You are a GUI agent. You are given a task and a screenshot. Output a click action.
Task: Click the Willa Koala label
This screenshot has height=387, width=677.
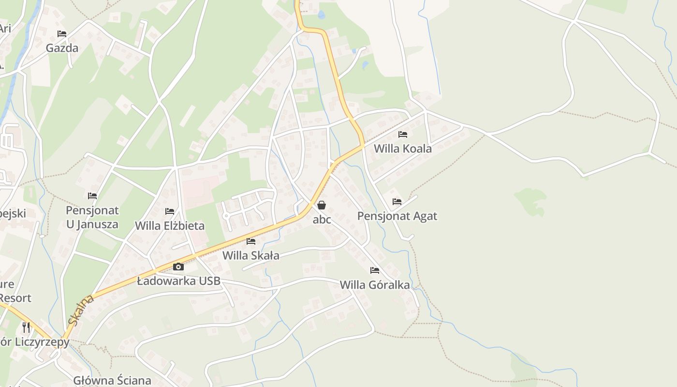pyautogui.click(x=402, y=149)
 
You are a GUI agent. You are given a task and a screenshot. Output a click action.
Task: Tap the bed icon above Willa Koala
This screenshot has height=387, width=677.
pyautogui.click(x=402, y=134)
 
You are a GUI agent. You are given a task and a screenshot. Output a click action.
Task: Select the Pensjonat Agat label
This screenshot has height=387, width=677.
pyautogui.click(x=397, y=216)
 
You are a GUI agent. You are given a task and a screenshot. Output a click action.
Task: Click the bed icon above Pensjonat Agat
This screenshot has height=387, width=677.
pyautogui.click(x=397, y=202)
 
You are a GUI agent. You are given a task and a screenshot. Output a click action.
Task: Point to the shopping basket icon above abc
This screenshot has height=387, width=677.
pyautogui.click(x=322, y=205)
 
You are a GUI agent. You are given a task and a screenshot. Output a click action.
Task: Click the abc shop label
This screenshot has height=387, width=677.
pyautogui.click(x=322, y=220)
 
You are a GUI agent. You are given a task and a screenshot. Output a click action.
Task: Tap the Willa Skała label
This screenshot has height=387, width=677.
pyautogui.click(x=250, y=255)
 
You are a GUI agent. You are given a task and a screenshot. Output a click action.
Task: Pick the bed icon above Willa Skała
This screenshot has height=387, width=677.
pyautogui.click(x=250, y=241)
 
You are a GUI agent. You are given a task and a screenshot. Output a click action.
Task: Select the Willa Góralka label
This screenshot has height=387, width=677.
pyautogui.click(x=375, y=284)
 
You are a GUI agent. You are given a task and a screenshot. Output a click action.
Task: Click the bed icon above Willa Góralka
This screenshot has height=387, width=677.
pyautogui.click(x=375, y=270)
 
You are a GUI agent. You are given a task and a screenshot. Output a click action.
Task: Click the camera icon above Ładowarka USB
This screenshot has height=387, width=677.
pyautogui.click(x=178, y=267)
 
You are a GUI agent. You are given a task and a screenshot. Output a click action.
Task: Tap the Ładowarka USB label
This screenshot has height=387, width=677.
pyautogui.click(x=178, y=281)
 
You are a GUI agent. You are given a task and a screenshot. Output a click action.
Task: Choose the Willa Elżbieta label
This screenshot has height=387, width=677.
pyautogui.click(x=170, y=225)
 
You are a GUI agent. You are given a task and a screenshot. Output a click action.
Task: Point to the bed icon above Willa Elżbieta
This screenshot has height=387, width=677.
pyautogui.click(x=170, y=211)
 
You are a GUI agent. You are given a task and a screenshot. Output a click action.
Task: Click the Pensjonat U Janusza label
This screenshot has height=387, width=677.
pyautogui.click(x=92, y=217)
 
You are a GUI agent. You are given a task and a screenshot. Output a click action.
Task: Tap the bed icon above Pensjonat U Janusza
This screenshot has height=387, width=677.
pyautogui.click(x=92, y=196)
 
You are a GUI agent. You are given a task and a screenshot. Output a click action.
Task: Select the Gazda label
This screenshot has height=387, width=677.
pyautogui.click(x=62, y=48)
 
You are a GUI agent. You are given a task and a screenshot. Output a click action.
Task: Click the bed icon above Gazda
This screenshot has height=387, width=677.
pyautogui.click(x=62, y=34)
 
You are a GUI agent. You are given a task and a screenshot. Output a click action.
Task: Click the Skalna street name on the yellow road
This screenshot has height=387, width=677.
pyautogui.click(x=81, y=310)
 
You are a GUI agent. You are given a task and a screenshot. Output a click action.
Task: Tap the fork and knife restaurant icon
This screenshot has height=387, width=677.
pyautogui.click(x=26, y=327)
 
